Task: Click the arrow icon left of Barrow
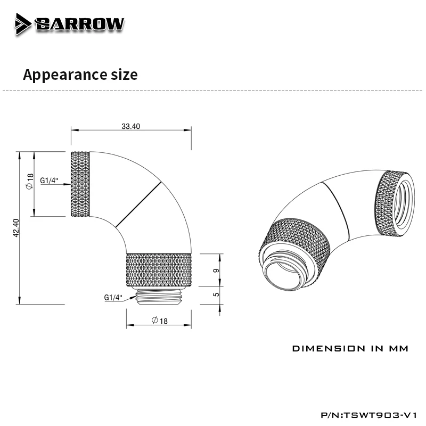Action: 23,23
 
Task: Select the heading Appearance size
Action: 80,75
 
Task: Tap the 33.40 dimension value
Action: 131,126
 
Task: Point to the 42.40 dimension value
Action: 17,228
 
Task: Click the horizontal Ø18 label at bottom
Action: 160,321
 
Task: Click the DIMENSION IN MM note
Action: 350,349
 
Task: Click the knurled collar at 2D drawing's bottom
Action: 160,271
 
